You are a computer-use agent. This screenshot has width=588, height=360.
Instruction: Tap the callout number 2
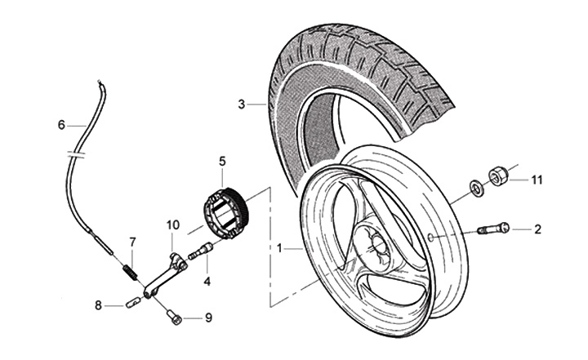click(x=537, y=229)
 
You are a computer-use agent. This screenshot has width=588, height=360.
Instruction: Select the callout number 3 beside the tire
click(x=242, y=104)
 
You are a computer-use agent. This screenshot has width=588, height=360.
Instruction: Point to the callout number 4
click(x=207, y=282)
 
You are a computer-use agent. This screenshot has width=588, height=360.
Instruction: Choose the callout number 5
click(x=221, y=161)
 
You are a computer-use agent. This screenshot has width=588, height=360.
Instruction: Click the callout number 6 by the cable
click(x=60, y=125)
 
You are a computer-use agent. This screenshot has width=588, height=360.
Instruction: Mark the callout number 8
click(x=98, y=306)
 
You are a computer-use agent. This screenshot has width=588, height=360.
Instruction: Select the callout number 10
click(x=172, y=224)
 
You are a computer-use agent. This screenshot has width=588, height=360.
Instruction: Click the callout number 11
click(x=537, y=179)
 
